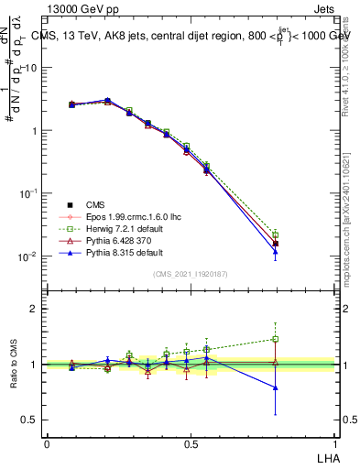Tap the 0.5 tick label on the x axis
[191, 444]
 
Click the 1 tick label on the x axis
[335, 444]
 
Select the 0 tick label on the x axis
[47, 444]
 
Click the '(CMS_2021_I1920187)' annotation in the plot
[191, 275]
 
